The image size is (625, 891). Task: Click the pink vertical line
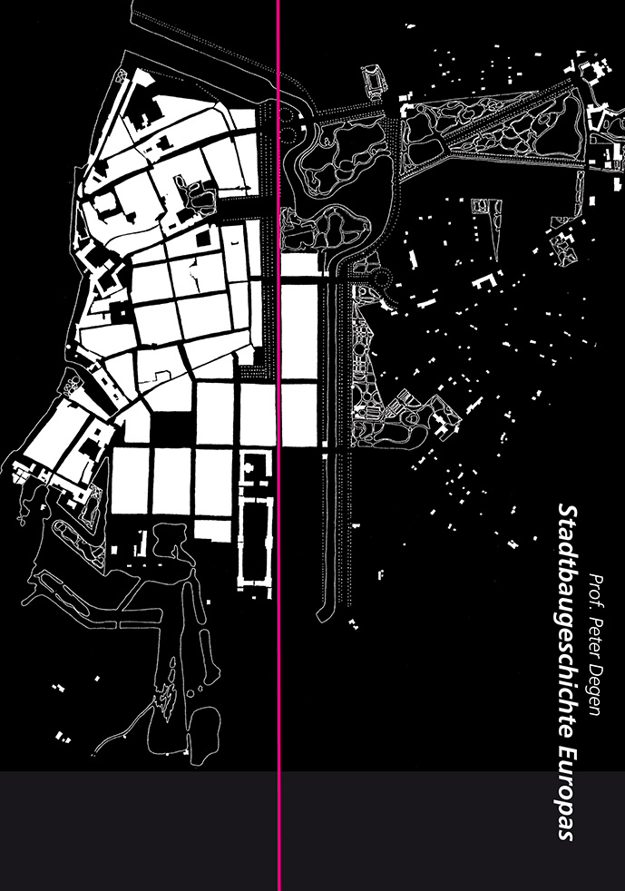point(278,445)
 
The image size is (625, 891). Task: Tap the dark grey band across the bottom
point(312,831)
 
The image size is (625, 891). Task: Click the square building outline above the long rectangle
point(254,467)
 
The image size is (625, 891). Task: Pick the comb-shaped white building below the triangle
point(487,282)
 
